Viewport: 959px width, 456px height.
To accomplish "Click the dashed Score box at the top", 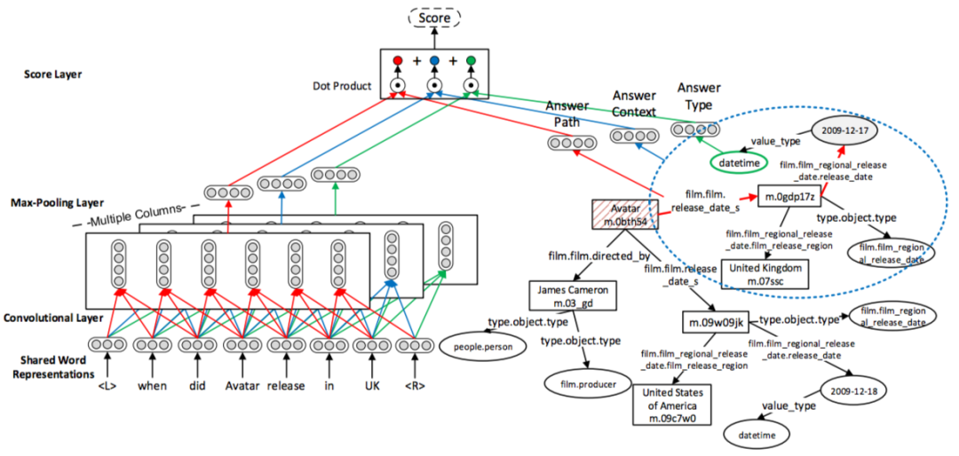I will coord(435,17).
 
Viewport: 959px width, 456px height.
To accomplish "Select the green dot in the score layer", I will coord(471,61).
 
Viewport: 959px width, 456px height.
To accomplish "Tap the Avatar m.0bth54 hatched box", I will coord(625,213).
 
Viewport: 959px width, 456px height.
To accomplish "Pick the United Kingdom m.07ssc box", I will coord(765,273).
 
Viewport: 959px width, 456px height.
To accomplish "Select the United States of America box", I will coord(676,404).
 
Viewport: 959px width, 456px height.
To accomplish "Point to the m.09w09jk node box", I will coord(716,320).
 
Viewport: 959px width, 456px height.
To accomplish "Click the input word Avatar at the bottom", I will coord(242,386).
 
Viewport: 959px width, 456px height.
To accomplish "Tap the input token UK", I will coord(373,386).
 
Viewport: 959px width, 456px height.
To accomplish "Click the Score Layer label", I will coord(53,75).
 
